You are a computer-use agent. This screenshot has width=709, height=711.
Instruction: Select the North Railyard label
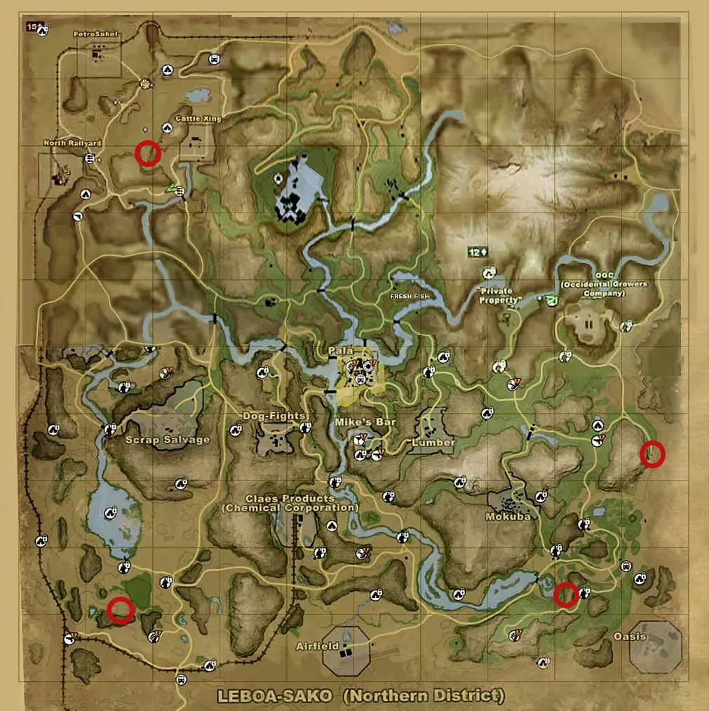pyautogui.click(x=72, y=143)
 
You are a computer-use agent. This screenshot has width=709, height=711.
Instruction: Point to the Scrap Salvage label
pyautogui.click(x=167, y=440)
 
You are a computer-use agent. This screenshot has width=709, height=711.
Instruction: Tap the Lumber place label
pyautogui.click(x=433, y=442)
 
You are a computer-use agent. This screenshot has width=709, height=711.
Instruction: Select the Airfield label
pyautogui.click(x=317, y=646)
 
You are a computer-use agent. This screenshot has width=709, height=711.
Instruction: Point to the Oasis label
pyautogui.click(x=629, y=637)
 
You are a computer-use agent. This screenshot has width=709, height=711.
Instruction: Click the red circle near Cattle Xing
pyautogui.click(x=148, y=152)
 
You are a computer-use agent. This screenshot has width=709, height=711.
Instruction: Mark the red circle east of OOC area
pyautogui.click(x=653, y=454)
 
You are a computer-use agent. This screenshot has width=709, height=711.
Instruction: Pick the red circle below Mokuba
pyautogui.click(x=565, y=595)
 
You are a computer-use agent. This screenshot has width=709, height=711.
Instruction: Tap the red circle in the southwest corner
pyautogui.click(x=121, y=610)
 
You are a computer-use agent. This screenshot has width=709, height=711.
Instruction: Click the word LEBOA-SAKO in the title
pyautogui.click(x=258, y=696)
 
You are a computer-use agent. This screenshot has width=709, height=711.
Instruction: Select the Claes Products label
pyautogui.click(x=290, y=503)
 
